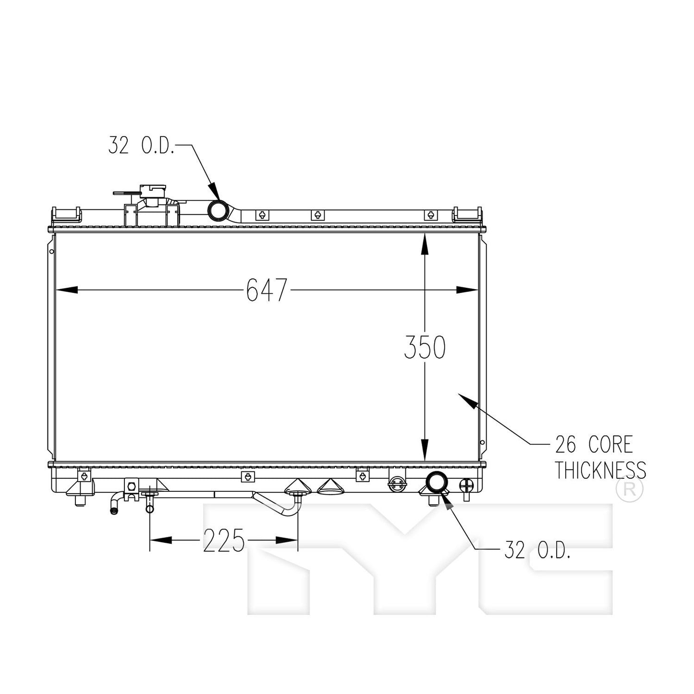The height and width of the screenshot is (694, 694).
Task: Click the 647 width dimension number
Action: [267, 290]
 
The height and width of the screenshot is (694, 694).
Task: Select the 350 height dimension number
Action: [425, 347]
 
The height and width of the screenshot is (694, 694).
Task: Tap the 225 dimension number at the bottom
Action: [224, 541]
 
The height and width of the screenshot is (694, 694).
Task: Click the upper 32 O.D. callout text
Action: [141, 145]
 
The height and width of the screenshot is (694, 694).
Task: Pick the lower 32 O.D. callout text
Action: [537, 549]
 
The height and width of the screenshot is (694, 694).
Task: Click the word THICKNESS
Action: [600, 470]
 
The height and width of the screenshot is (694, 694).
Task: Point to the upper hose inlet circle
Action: [219, 210]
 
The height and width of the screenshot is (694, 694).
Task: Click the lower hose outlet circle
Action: [437, 482]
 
